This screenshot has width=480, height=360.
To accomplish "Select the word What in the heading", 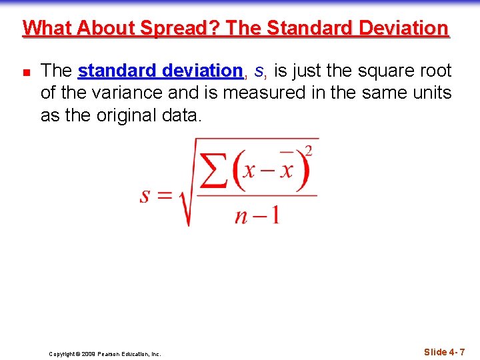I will [x=47, y=28].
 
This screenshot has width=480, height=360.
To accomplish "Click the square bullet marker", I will [x=25, y=71].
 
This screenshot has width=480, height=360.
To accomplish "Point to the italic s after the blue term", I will [x=259, y=71].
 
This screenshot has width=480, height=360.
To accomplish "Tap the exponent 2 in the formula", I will [x=308, y=150].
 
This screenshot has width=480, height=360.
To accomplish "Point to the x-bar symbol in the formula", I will [x=286, y=169].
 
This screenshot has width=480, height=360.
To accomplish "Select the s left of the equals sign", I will [x=145, y=195].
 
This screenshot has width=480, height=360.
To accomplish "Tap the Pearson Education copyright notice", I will [x=105, y=354].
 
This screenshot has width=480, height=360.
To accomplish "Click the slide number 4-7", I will [x=444, y=352].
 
